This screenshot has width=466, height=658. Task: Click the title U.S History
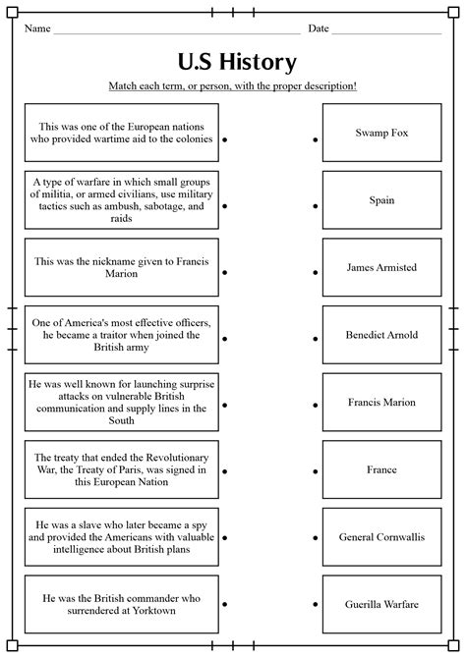coord(237,63)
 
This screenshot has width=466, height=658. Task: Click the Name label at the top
coord(37,28)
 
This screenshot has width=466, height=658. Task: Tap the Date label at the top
coord(318,28)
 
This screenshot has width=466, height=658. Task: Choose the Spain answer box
coord(381,200)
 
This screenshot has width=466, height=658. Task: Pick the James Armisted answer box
coord(381,267)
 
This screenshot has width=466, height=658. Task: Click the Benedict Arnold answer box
coord(381,335)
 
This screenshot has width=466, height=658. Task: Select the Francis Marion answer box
coord(381,402)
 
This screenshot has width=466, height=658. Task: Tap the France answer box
coord(381,469)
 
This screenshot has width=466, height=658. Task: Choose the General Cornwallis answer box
coord(381,536)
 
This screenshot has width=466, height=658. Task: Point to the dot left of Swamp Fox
coord(316,140)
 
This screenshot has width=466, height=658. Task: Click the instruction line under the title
coord(233,86)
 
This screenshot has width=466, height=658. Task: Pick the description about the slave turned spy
coord(123,536)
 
